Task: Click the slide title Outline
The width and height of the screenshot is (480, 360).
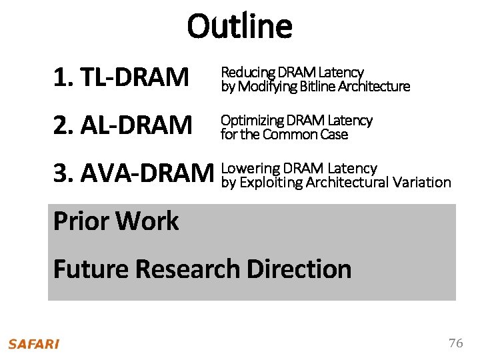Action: (239, 27)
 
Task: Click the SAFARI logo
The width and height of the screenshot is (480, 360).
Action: (33, 344)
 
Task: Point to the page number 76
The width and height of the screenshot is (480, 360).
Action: (456, 343)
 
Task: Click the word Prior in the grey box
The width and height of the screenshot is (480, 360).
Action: (83, 221)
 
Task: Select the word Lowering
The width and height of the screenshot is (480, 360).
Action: (250, 168)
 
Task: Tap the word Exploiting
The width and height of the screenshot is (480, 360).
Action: (271, 182)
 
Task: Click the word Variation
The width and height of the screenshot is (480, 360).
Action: (422, 182)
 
